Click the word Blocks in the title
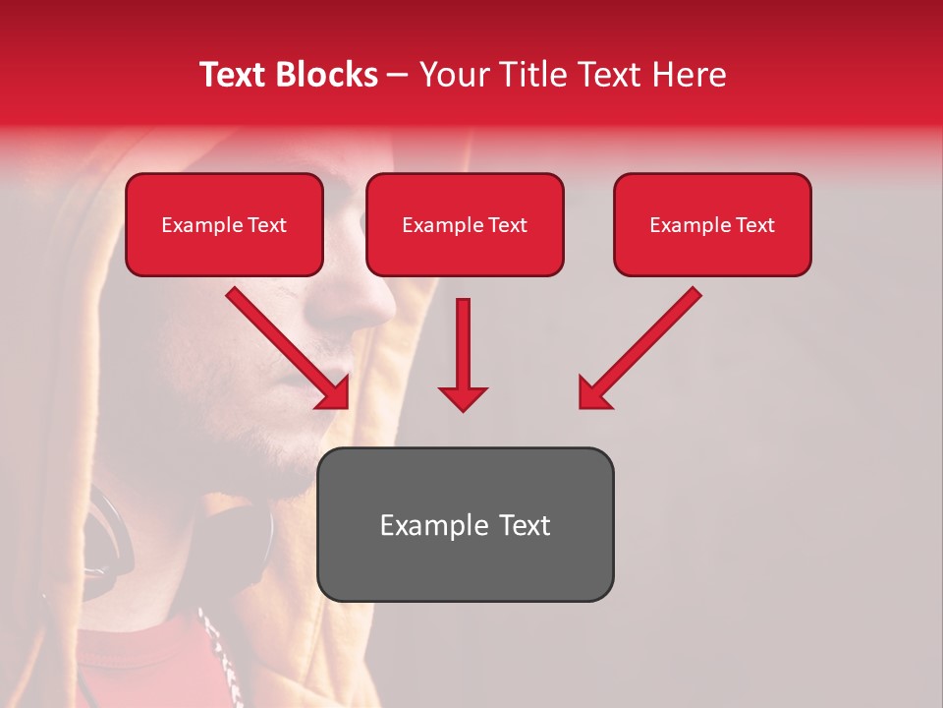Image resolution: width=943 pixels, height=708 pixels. click(327, 75)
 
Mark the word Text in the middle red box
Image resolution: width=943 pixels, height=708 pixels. click(507, 225)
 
